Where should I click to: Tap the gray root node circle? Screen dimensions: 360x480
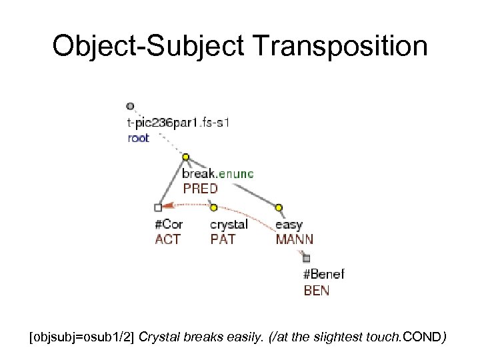click(130, 106)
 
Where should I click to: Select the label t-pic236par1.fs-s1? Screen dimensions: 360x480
click(179, 123)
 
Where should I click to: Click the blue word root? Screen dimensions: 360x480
click(138, 138)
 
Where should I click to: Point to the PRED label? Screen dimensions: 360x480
click(200, 189)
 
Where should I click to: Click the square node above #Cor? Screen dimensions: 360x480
click(157, 208)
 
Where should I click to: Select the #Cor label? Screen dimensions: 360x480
click(168, 225)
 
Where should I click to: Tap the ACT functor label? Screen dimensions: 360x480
click(167, 239)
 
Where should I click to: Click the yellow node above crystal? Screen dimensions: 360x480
click(214, 208)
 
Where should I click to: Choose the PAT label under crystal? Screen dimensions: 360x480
click(223, 239)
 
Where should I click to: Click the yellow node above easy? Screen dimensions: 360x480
click(279, 208)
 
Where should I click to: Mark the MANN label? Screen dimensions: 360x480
click(294, 239)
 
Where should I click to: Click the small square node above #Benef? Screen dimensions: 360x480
click(307, 258)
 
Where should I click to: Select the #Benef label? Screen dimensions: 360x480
click(324, 274)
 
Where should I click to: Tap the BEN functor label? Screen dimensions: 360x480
click(316, 290)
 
